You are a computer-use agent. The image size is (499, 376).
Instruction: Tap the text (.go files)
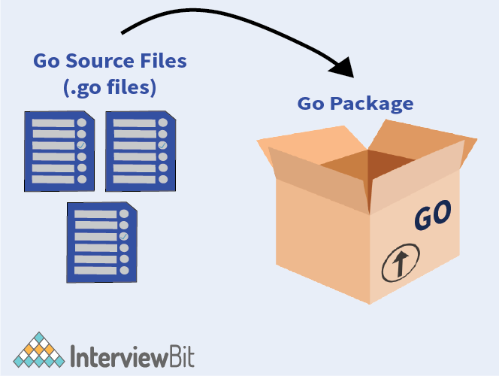click(x=109, y=86)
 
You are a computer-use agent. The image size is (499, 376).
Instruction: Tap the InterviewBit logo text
click(x=132, y=353)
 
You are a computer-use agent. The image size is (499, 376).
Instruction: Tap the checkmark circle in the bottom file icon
click(x=123, y=237)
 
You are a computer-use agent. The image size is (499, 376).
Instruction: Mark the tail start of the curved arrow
click(x=122, y=32)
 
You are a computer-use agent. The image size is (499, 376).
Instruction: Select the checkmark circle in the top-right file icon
click(x=162, y=144)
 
